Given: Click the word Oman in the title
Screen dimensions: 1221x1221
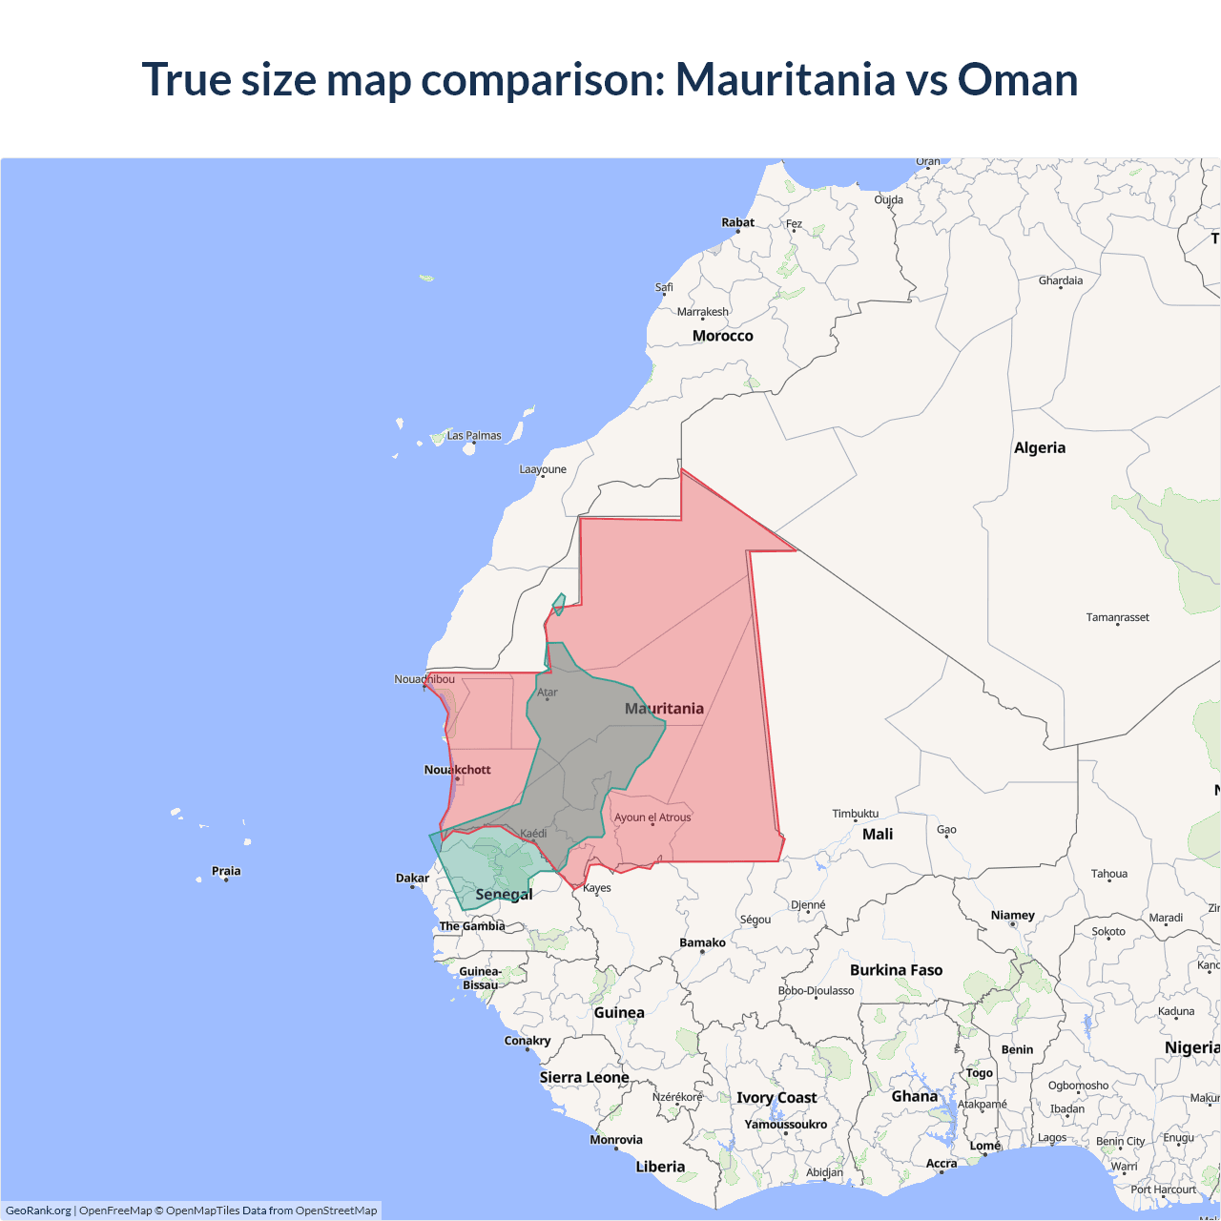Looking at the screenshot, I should tap(1017, 79).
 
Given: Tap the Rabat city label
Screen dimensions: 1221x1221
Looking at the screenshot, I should tap(737, 222).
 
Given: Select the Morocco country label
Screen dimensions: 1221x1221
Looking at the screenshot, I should tap(722, 336).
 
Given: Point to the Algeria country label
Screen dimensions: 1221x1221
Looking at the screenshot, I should tap(1039, 447).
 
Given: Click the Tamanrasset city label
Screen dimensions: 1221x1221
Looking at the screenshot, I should tap(1117, 617).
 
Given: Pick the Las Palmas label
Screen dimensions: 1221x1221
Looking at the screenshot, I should tap(474, 435).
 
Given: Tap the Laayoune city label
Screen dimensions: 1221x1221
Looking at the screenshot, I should tap(543, 469).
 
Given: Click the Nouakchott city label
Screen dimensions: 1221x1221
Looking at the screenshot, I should tap(457, 770).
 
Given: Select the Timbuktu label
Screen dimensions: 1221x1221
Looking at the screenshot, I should tap(855, 814).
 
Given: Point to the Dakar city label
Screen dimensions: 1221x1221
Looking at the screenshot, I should tap(412, 878).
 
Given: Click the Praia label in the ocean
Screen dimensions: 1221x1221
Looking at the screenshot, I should tap(226, 871).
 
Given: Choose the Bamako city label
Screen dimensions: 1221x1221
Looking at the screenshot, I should tap(702, 942).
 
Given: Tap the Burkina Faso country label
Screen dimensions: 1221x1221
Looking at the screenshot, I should tap(896, 970).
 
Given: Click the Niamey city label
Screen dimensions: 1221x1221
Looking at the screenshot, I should tap(1012, 915).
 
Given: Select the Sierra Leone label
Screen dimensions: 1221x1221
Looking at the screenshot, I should tap(584, 1077).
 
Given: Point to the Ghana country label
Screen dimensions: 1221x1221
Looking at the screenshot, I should tap(914, 1096).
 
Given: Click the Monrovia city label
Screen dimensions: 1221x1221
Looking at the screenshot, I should tap(616, 1140).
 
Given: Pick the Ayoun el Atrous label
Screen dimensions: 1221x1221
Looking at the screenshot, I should tap(652, 817).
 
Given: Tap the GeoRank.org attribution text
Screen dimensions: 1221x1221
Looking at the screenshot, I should tap(38, 1211).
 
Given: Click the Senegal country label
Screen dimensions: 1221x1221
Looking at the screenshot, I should tap(504, 894).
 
